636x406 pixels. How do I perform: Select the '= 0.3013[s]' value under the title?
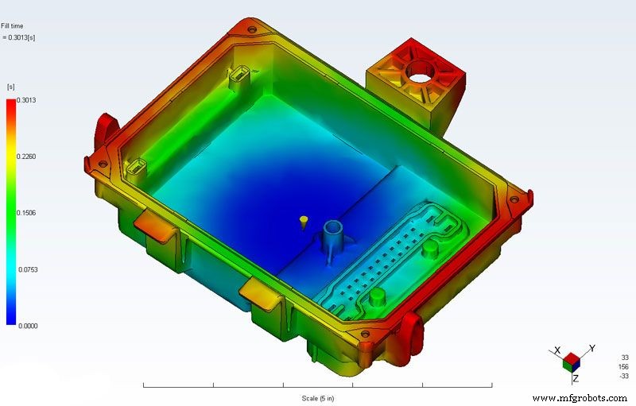tap(19, 37)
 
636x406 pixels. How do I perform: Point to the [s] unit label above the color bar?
tap(11, 86)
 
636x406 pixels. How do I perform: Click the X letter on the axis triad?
tap(559, 350)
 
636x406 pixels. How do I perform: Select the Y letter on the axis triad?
tap(592, 349)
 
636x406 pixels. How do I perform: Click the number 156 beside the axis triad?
tap(622, 366)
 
